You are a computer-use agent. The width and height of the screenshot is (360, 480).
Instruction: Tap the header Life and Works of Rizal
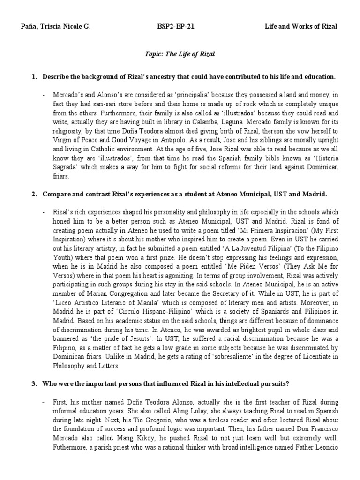pos(300,26)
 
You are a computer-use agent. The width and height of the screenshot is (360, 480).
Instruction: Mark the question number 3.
pos(34,383)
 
